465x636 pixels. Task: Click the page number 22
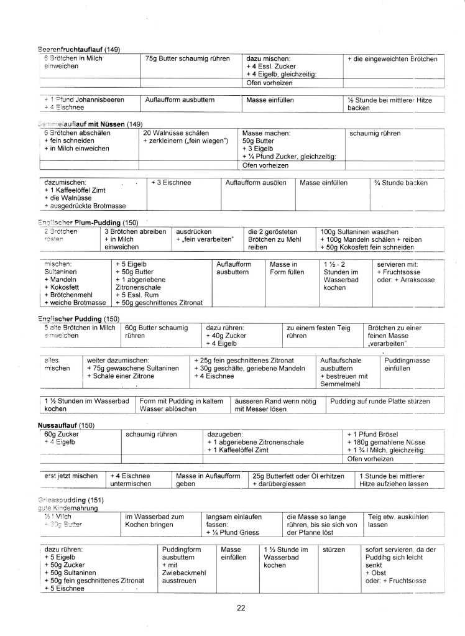241,608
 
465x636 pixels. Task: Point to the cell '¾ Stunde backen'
401,183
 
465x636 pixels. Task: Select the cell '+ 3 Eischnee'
172,183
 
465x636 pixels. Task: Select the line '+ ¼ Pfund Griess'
235,532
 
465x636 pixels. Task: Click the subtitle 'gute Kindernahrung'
68,508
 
